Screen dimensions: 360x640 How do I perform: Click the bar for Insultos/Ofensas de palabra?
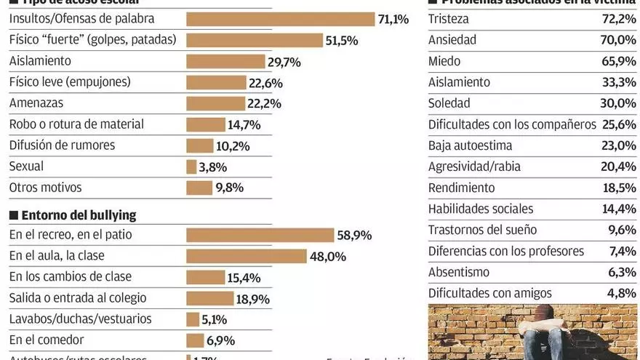[x=280, y=20]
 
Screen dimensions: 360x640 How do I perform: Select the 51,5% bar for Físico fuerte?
[x=255, y=41]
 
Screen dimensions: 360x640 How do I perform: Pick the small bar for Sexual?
[x=191, y=167]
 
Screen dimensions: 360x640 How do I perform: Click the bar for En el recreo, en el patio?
[x=260, y=235]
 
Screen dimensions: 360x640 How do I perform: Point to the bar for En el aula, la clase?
[x=247, y=256]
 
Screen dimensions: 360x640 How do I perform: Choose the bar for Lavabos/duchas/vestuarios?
[x=193, y=319]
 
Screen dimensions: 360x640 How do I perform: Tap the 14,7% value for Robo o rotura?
[x=244, y=125]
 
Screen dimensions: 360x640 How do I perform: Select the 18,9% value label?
[x=253, y=299]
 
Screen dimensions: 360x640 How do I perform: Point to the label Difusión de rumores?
[x=62, y=145]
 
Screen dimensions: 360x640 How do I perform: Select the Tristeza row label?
[x=449, y=19]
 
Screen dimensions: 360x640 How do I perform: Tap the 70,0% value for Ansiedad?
[x=618, y=40]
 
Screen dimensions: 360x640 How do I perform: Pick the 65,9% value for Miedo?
[x=618, y=61]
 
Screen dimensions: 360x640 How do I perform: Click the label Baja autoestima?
[x=470, y=145]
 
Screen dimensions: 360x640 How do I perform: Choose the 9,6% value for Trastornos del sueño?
[x=622, y=230]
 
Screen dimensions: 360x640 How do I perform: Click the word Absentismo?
[x=459, y=272]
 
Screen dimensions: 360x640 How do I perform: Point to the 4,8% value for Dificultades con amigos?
[x=622, y=293]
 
